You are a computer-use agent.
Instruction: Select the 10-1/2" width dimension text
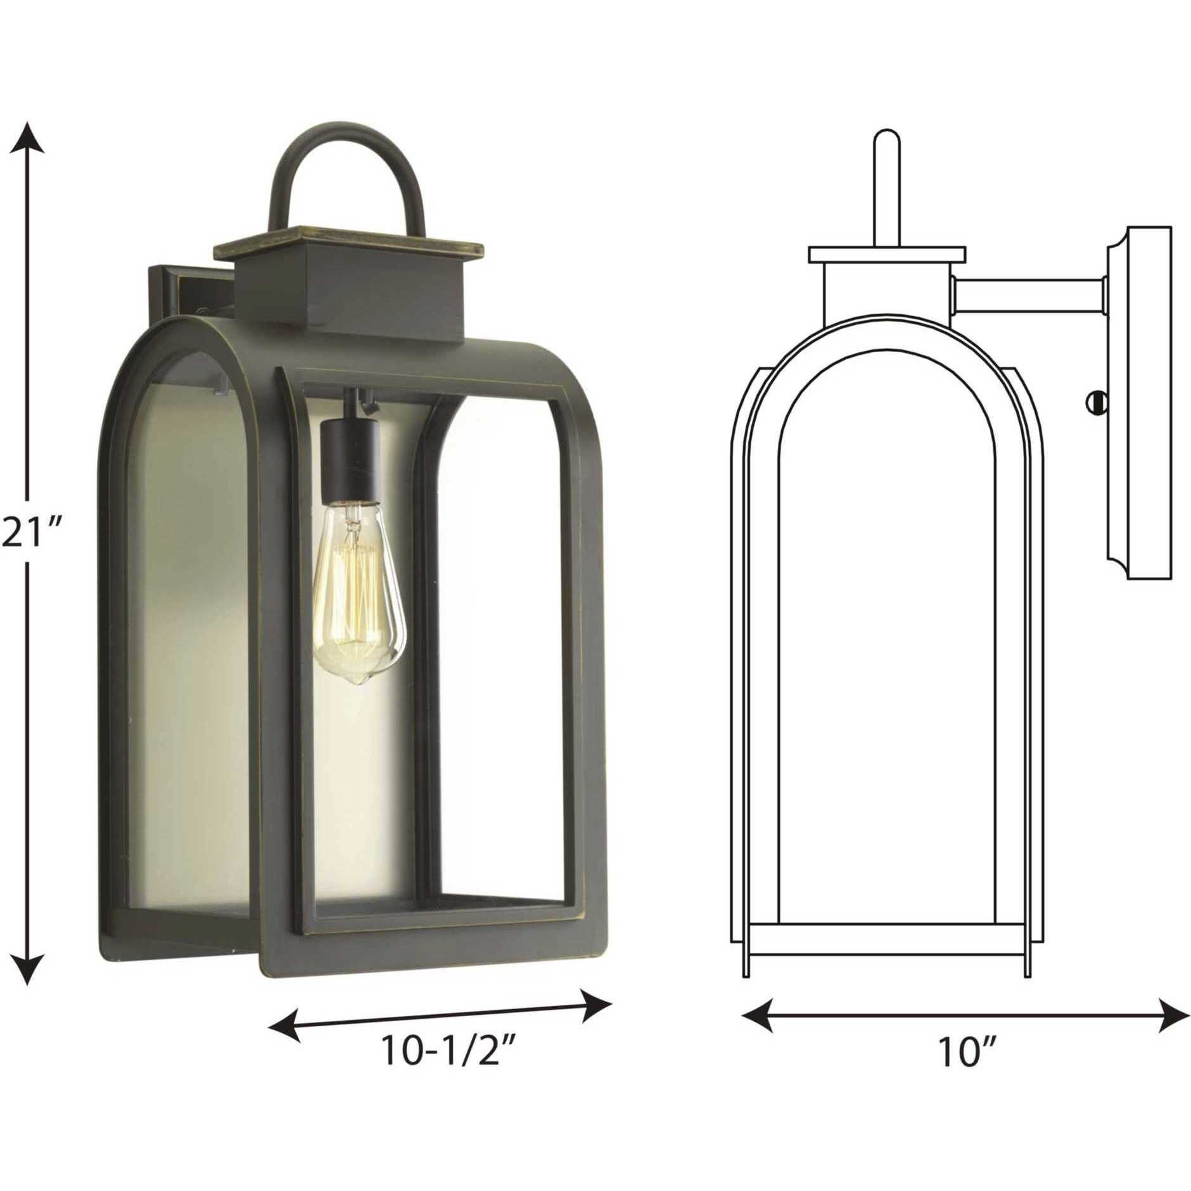coord(447,1052)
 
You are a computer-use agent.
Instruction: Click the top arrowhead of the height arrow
coord(26,137)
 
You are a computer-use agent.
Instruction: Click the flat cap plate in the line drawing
coord(887,254)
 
